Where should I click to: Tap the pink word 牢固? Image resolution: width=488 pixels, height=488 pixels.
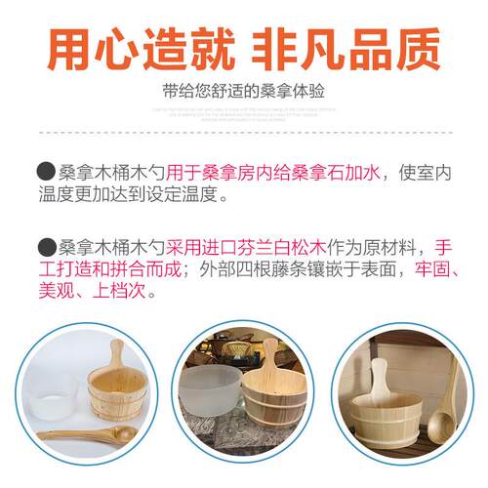[434, 268]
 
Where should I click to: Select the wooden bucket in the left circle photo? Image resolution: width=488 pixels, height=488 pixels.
[118, 390]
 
